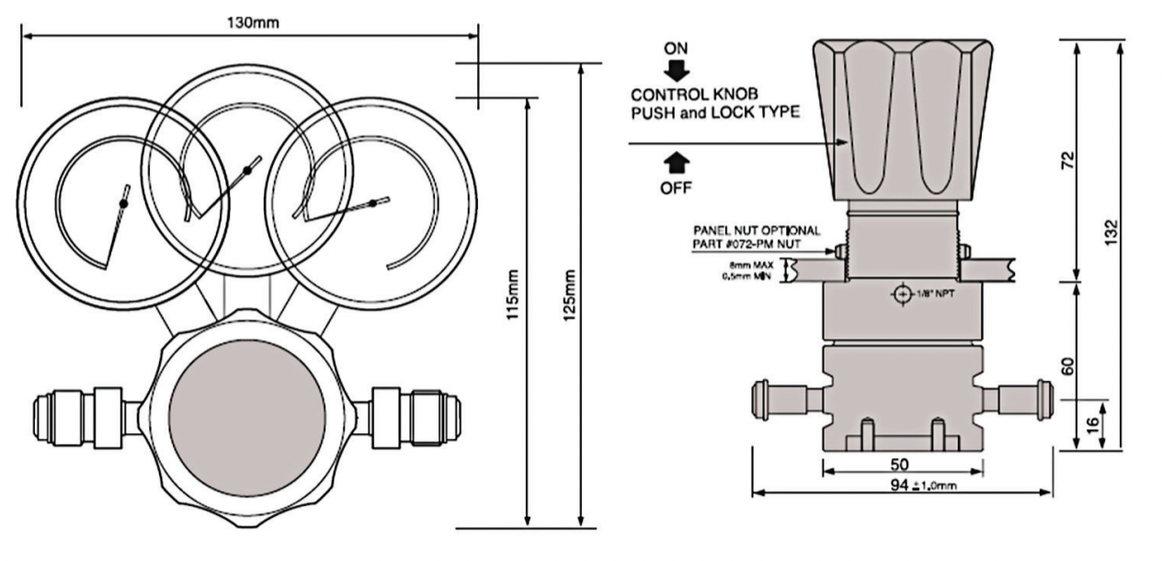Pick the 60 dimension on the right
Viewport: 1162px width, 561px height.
pyautogui.click(x=1066, y=365)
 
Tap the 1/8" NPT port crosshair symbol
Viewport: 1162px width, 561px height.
pyautogui.click(x=901, y=293)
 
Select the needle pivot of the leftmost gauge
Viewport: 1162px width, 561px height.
pyautogui.click(x=123, y=202)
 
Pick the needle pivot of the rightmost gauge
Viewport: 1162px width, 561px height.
pyautogui.click(x=372, y=202)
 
